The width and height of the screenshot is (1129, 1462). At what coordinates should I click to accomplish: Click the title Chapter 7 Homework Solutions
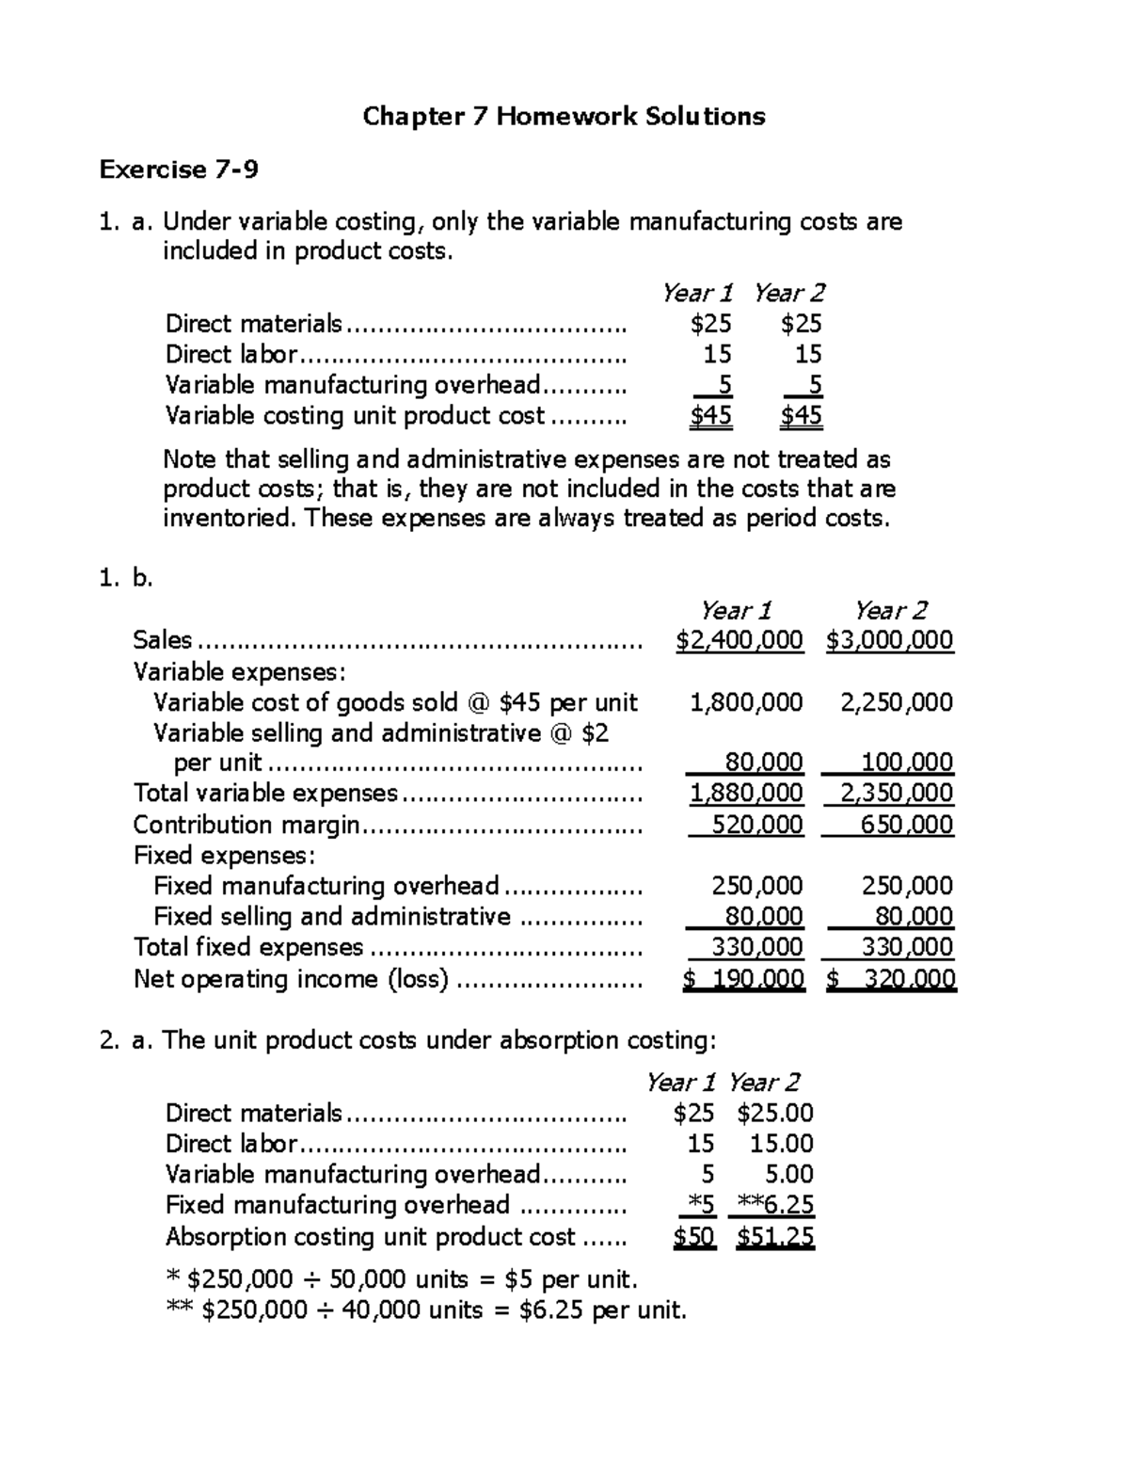click(x=564, y=117)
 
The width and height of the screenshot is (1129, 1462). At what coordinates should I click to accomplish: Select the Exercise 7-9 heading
click(x=179, y=169)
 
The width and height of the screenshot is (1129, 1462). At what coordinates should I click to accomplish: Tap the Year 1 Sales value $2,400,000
click(x=739, y=641)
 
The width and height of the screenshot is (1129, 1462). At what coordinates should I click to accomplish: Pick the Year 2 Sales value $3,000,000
click(x=890, y=641)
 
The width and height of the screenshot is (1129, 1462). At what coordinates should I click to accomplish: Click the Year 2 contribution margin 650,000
click(x=906, y=825)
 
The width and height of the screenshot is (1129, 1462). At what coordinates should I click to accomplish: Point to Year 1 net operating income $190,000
click(x=743, y=979)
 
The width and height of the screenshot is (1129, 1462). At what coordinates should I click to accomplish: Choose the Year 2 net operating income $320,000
click(x=891, y=979)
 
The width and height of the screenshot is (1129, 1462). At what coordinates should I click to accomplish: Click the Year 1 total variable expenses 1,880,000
click(x=746, y=794)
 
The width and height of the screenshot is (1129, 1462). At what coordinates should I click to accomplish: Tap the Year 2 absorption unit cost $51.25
click(x=775, y=1237)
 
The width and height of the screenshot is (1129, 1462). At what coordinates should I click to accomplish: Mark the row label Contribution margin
click(x=246, y=825)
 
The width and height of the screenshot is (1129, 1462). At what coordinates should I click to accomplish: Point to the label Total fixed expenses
click(x=248, y=947)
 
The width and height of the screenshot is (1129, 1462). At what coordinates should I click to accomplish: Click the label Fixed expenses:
click(x=224, y=856)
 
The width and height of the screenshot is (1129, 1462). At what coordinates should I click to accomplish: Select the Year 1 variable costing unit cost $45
click(x=711, y=416)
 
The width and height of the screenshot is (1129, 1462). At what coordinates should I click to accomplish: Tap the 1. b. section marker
click(x=126, y=578)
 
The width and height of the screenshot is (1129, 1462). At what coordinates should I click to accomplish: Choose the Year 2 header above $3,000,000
click(x=890, y=610)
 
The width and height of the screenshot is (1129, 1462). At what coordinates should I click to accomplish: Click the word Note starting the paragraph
click(x=190, y=459)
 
